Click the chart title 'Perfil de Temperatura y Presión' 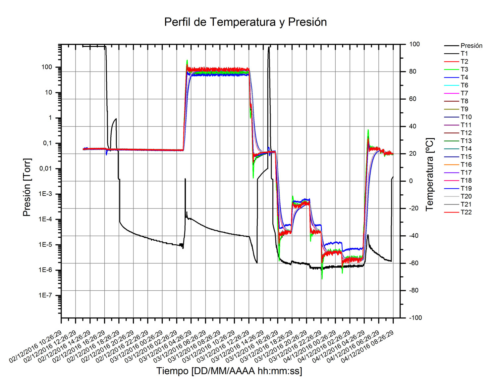click(x=246, y=22)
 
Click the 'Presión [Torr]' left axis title click(x=27, y=187)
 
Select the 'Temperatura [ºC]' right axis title click(x=429, y=174)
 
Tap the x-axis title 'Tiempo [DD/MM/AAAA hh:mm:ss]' click(x=229, y=371)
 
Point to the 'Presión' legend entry click(x=471, y=46)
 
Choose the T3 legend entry click(x=464, y=70)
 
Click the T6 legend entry click(x=464, y=85)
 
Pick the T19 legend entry click(x=466, y=188)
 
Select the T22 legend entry click(x=466, y=212)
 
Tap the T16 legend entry click(x=466, y=165)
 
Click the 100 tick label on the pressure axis click(x=47, y=67)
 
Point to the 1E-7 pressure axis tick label click(x=45, y=295)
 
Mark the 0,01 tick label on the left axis click(x=46, y=169)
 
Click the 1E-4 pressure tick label click(x=45, y=219)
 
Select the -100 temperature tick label click(x=415, y=318)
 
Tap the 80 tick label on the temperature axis click(x=413, y=71)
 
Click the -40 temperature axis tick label click(x=414, y=236)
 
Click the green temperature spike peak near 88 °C click(x=187, y=61)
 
